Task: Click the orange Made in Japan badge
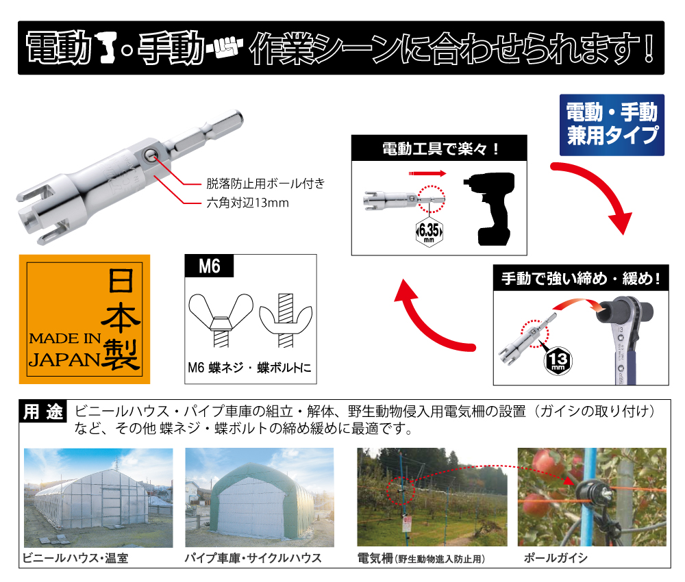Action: (84, 319)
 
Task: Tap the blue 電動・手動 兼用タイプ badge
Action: (612, 125)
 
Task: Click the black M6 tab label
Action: (209, 266)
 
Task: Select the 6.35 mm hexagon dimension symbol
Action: (429, 231)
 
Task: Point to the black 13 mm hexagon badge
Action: (558, 361)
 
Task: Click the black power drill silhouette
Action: (490, 209)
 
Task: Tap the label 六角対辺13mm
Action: (248, 203)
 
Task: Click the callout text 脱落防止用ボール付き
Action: (266, 184)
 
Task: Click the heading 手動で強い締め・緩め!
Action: (581, 278)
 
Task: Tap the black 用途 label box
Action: (42, 412)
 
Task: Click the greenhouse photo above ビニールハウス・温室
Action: (98, 498)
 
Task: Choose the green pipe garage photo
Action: (260, 498)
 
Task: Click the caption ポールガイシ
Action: (556, 558)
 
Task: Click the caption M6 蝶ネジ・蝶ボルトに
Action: (249, 368)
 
